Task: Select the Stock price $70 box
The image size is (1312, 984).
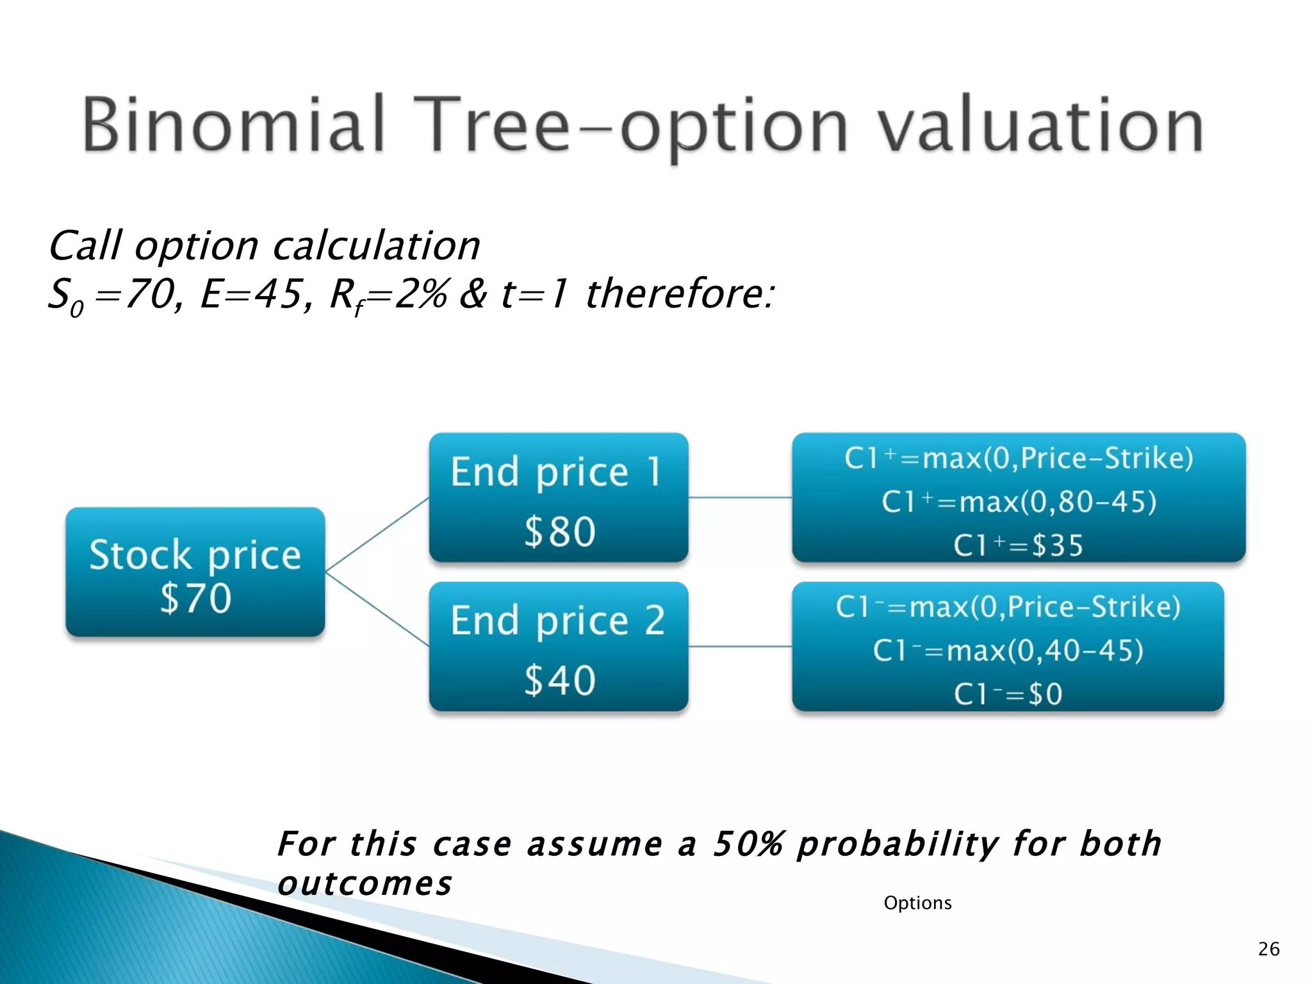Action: pyautogui.click(x=195, y=572)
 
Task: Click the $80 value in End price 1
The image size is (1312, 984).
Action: pyautogui.click(x=560, y=532)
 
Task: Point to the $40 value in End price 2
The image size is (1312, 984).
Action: pyautogui.click(x=560, y=680)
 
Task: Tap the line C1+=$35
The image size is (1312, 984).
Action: pyautogui.click(x=1018, y=546)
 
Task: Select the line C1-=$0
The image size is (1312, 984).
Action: pyautogui.click(x=1008, y=694)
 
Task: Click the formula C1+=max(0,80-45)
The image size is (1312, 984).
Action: pyautogui.click(x=1019, y=502)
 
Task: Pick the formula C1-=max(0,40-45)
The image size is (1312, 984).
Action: pyautogui.click(x=1008, y=651)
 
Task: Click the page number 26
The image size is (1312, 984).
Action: pyautogui.click(x=1268, y=949)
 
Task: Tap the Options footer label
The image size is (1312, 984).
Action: pyautogui.click(x=917, y=903)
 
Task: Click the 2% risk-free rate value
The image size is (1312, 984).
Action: pyautogui.click(x=421, y=295)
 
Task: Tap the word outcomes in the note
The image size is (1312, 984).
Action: pyautogui.click(x=365, y=884)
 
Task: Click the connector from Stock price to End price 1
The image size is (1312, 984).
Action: pyautogui.click(x=377, y=534)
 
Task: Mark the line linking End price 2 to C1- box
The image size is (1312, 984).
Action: pyautogui.click(x=740, y=646)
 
